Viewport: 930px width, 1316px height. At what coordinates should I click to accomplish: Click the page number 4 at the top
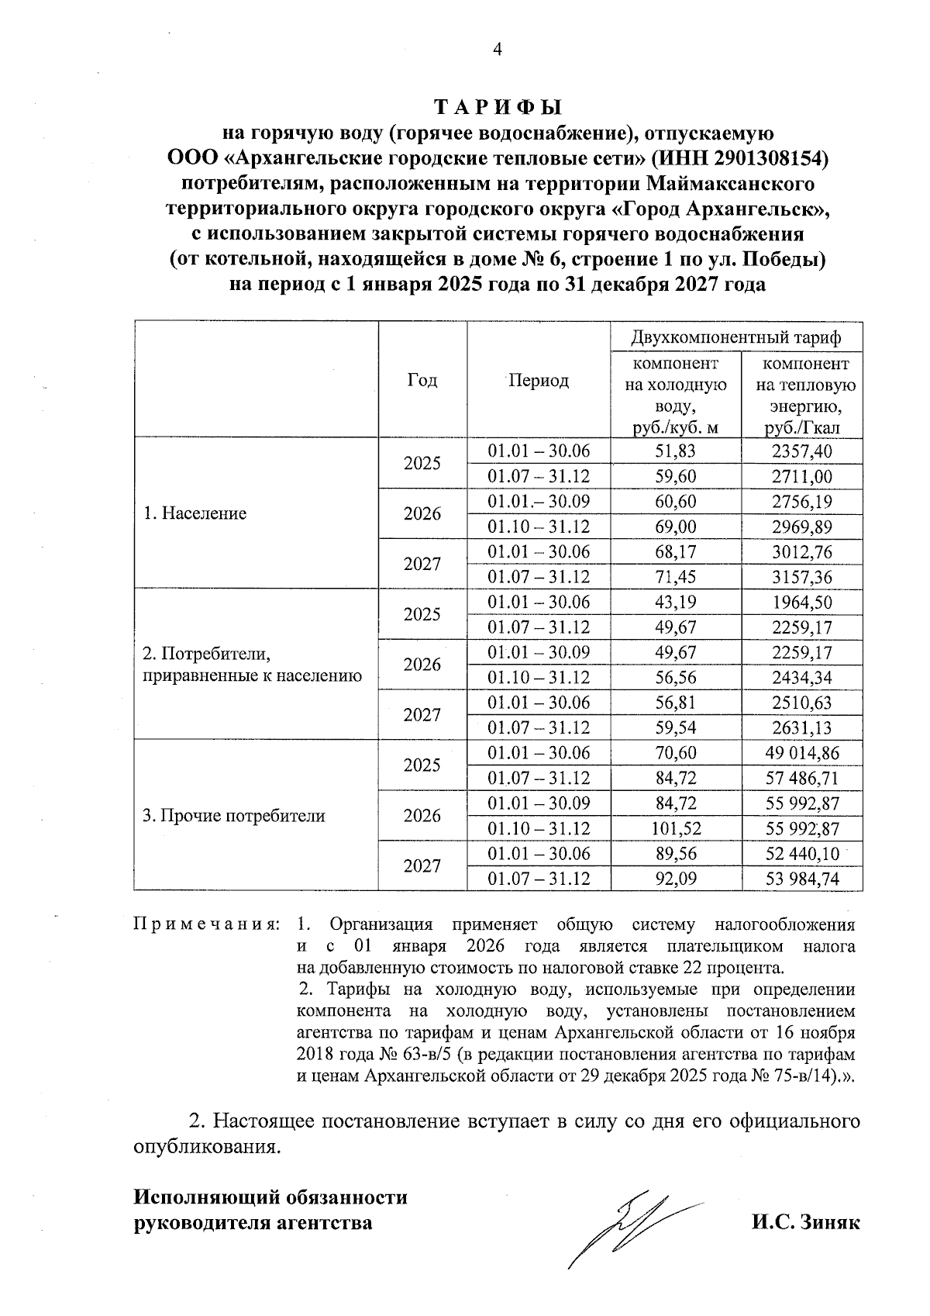point(498,50)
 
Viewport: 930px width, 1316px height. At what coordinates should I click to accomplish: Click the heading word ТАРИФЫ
point(497,106)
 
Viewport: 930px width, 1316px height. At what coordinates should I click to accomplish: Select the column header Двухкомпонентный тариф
point(736,338)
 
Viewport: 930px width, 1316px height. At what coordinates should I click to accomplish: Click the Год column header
point(422,380)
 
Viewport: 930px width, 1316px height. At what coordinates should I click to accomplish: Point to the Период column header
point(538,380)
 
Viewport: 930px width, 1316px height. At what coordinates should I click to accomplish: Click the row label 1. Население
point(195,513)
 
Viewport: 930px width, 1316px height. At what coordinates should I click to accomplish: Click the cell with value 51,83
point(676,451)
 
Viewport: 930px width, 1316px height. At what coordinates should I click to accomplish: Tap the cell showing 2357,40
point(801,451)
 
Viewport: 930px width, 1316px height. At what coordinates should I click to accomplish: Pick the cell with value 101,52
point(676,828)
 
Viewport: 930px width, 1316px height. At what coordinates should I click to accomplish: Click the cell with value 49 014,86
point(801,753)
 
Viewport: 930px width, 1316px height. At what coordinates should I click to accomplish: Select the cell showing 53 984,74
point(801,879)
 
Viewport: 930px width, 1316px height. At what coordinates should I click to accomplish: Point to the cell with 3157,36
point(801,577)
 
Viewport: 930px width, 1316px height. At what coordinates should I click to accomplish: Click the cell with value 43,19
point(676,603)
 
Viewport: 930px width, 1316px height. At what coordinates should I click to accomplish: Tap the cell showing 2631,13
point(801,727)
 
